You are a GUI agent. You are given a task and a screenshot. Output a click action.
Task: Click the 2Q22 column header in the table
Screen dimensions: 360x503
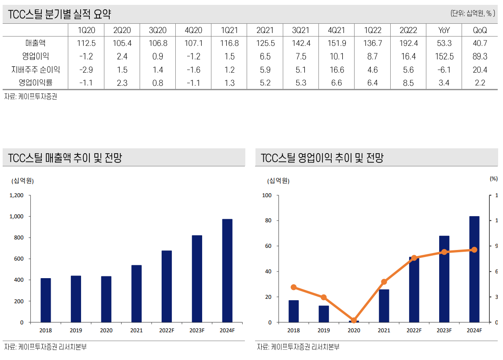pyautogui.click(x=408, y=30)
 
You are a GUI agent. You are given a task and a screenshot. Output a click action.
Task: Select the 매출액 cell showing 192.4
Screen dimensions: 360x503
pyautogui.click(x=408, y=43)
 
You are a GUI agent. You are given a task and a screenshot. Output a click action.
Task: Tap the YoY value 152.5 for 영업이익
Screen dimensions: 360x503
pyautogui.click(x=444, y=56)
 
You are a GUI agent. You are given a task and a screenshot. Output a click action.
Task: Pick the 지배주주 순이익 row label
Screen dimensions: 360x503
pyautogui.click(x=36, y=70)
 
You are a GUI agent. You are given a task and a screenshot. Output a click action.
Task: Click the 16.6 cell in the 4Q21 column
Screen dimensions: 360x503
pyautogui.click(x=337, y=70)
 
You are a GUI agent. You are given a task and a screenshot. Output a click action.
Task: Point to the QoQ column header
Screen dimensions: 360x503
pyautogui.click(x=480, y=30)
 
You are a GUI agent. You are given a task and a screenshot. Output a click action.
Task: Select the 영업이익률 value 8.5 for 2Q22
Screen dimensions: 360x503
pyautogui.click(x=408, y=83)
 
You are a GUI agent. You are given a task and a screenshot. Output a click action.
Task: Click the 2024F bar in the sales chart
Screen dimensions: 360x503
pyautogui.click(x=227, y=270)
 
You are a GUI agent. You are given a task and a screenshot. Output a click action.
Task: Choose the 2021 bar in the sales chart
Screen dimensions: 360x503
pyautogui.click(x=137, y=293)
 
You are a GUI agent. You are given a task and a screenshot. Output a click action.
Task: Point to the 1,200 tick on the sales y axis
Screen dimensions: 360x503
pyautogui.click(x=17, y=195)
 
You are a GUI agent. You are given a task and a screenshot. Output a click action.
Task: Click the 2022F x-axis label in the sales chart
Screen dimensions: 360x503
pyautogui.click(x=166, y=331)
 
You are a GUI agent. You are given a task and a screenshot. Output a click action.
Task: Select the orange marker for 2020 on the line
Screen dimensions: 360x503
pyautogui.click(x=354, y=320)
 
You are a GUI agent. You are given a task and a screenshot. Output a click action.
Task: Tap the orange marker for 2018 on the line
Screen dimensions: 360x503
pyautogui.click(x=294, y=287)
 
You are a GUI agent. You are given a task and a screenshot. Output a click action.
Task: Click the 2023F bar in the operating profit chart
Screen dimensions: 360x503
pyautogui.click(x=444, y=279)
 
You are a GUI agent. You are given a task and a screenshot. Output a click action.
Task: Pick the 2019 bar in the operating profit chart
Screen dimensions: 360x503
pyautogui.click(x=324, y=314)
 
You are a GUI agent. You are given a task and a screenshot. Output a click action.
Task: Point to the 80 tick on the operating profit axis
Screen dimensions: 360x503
pyautogui.click(x=269, y=220)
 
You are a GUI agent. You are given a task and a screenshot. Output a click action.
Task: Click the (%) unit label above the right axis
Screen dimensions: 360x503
pyautogui.click(x=493, y=179)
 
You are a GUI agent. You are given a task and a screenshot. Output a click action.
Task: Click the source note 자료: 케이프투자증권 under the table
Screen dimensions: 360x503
pyautogui.click(x=31, y=97)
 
